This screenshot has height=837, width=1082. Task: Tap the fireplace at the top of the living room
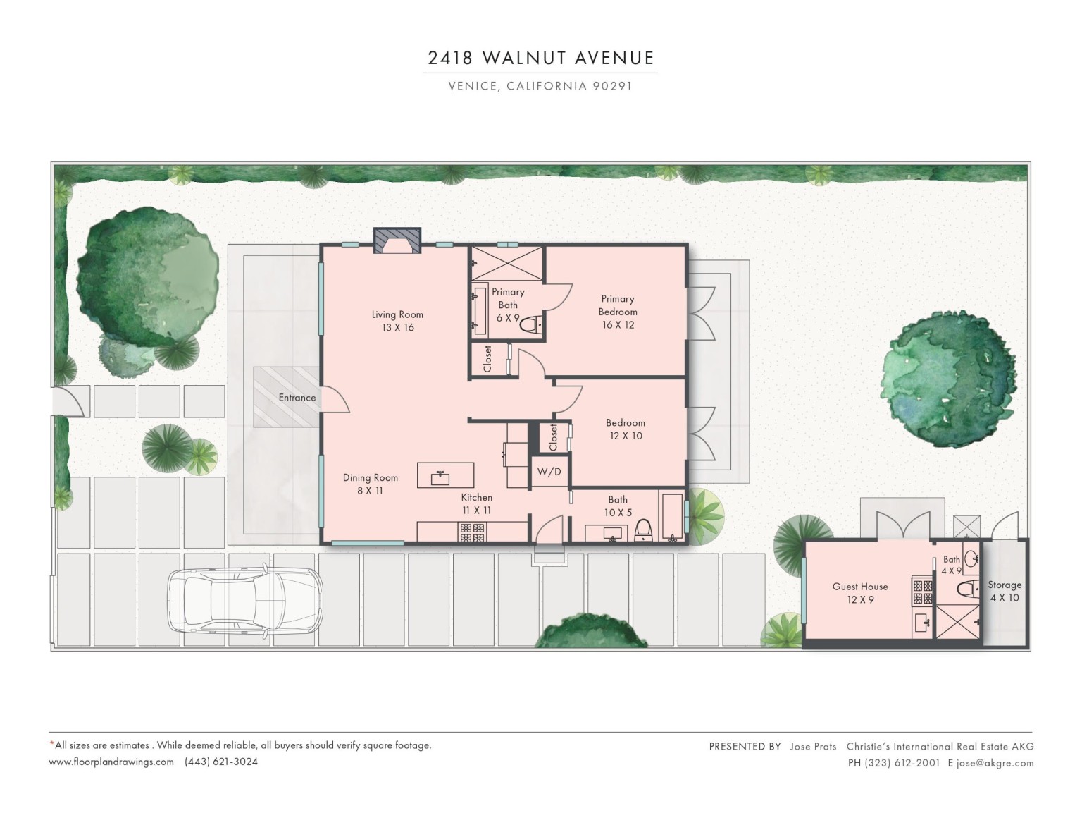pos(397,240)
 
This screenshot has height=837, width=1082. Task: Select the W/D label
pos(549,471)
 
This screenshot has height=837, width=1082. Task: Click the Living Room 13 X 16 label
pos(397,321)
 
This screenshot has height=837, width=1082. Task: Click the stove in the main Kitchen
pos(472,532)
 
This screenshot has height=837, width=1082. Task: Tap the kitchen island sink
pos(440,477)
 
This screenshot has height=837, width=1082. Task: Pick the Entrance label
pos(297,398)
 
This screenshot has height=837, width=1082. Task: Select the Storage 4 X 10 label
pos(1005,591)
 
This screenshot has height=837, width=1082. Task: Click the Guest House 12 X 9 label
pos(860,593)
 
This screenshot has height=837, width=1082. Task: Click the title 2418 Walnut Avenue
pos(541,59)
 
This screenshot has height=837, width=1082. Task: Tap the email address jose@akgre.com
pos(995,763)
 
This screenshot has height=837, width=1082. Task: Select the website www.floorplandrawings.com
pos(111,762)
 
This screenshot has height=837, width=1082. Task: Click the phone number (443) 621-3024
pos(221,762)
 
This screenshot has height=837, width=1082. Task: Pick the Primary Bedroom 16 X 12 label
pos(618,312)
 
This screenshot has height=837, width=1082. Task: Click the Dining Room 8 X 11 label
pos(370,484)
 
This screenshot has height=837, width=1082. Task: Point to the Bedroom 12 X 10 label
pos(626,429)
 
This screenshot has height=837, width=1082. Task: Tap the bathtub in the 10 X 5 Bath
pos(672,517)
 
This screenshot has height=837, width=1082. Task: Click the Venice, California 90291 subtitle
pos(540,86)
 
